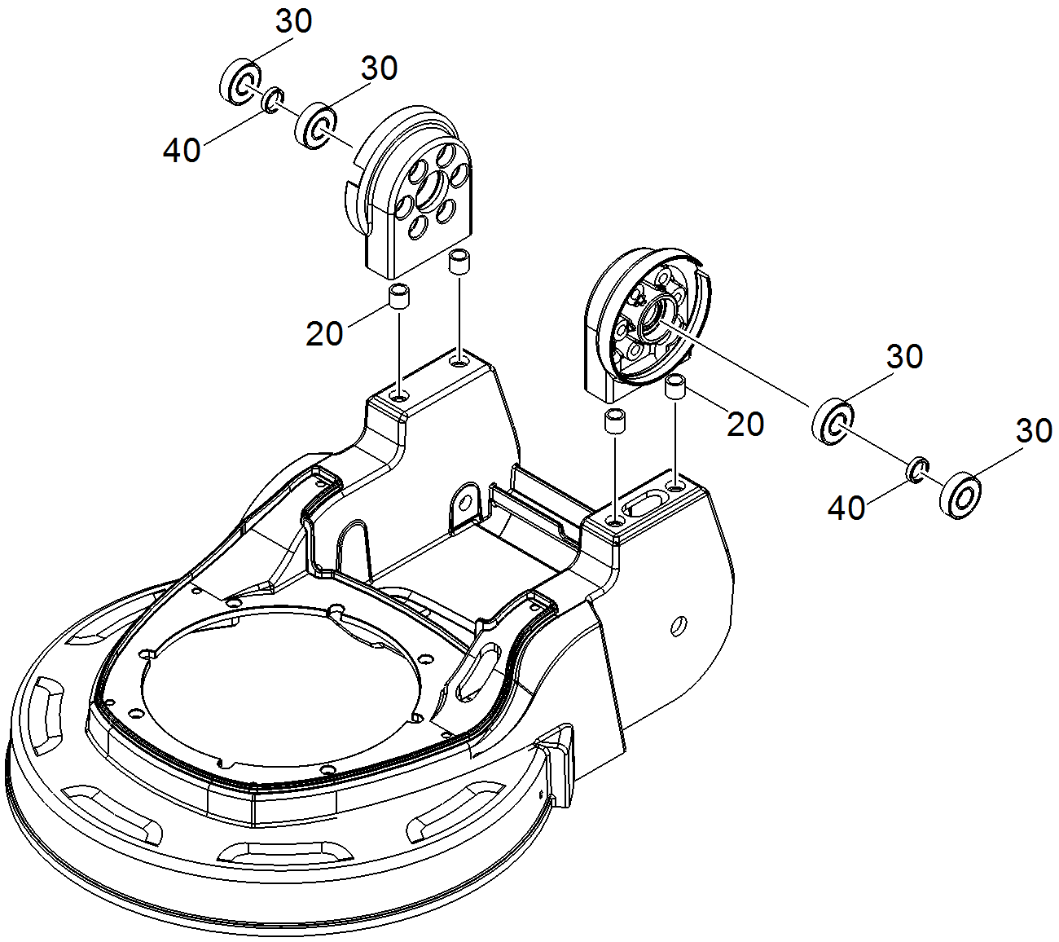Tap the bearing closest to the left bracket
pyautogui.click(x=315, y=125)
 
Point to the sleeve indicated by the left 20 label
pyautogui.click(x=399, y=296)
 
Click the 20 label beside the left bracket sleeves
pyautogui.click(x=324, y=333)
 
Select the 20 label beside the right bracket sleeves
pyautogui.click(x=745, y=424)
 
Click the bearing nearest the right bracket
pyautogui.click(x=833, y=420)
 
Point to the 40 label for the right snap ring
pyautogui.click(x=846, y=508)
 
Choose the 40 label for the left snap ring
pyautogui.click(x=182, y=150)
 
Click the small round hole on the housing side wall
pyautogui.click(x=675, y=626)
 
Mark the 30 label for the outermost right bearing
pyautogui.click(x=1034, y=430)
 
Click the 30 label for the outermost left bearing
pyautogui.click(x=293, y=22)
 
